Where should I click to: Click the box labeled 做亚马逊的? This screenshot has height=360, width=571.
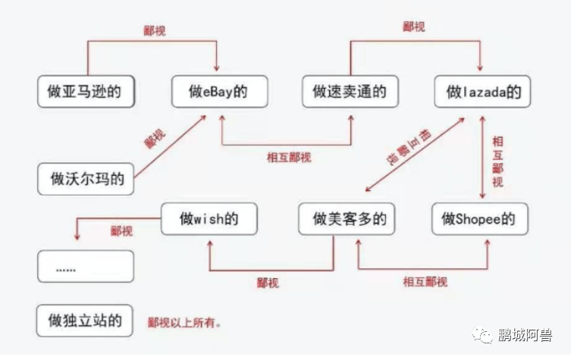point(86,91)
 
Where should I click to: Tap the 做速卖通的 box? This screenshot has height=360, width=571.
point(350,91)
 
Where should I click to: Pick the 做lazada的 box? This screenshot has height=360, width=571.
point(482,91)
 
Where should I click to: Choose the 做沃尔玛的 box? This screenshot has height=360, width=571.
point(86,180)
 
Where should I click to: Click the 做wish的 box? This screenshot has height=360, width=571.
point(209,219)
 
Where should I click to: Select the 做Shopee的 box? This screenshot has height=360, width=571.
point(479,219)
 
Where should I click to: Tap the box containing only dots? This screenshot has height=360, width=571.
point(86,267)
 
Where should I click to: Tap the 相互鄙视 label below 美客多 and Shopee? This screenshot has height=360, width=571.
point(425,283)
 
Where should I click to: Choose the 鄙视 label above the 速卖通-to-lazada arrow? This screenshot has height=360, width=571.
point(413,27)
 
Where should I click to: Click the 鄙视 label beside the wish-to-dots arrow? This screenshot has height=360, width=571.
point(121,230)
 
